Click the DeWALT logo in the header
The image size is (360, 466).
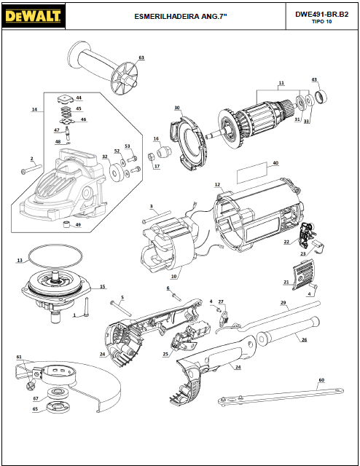pyautogui.click(x=34, y=16)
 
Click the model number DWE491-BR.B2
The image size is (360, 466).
pyautogui.click(x=321, y=15)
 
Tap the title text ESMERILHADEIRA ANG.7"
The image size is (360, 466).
pyautogui.click(x=181, y=16)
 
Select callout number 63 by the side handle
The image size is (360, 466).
pyautogui.click(x=141, y=58)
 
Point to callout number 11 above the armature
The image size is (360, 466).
pyautogui.click(x=281, y=83)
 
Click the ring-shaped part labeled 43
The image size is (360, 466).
pyautogui.click(x=321, y=96)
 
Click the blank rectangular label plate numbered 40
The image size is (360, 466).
pyautogui.click(x=251, y=173)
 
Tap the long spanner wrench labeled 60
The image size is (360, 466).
pyautogui.click(x=281, y=395)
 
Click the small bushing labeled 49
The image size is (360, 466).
pyautogui.click(x=67, y=224)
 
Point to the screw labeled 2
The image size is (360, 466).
pyautogui.click(x=31, y=169)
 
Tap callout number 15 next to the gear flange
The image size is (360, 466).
pyautogui.click(x=102, y=287)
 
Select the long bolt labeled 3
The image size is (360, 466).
pyautogui.click(x=157, y=216)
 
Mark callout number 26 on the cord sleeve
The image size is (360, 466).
pyautogui.click(x=304, y=340)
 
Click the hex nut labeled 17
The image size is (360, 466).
pyautogui.click(x=151, y=156)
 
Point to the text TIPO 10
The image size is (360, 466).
pyautogui.click(x=321, y=22)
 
